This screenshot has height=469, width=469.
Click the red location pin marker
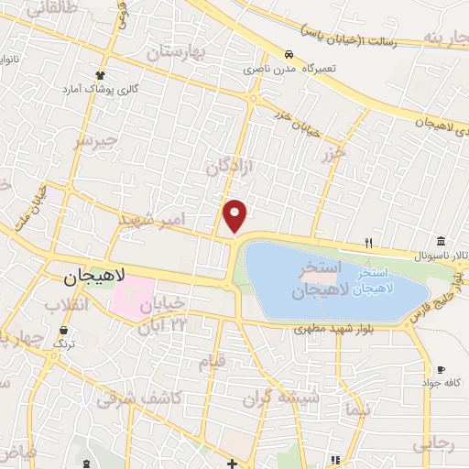(235, 215)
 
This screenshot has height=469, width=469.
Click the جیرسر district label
(99, 141)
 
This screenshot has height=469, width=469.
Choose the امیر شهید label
(153, 220)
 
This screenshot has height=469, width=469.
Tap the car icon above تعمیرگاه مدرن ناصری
(289, 55)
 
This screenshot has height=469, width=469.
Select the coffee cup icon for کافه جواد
(441, 369)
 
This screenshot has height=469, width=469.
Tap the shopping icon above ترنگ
(63, 331)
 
